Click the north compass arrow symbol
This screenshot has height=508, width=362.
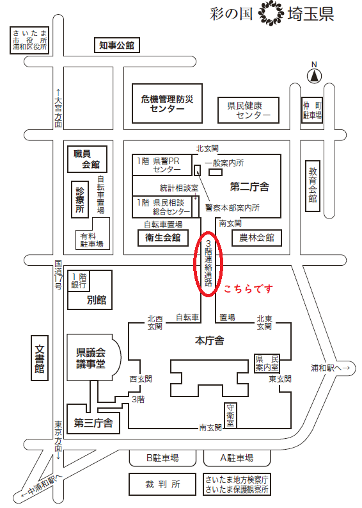(x=314, y=76)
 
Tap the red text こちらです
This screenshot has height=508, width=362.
(x=248, y=289)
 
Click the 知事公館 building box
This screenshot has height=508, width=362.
(x=116, y=45)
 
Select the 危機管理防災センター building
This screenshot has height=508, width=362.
(x=167, y=103)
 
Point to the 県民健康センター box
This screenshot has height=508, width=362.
(x=248, y=110)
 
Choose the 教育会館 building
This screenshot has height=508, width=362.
(x=313, y=186)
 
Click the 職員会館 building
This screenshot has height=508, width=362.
(x=87, y=159)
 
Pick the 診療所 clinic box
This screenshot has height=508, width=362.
(x=79, y=199)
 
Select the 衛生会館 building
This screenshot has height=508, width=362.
(x=163, y=238)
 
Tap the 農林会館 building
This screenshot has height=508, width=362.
(x=256, y=238)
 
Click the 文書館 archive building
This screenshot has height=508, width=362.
(x=40, y=358)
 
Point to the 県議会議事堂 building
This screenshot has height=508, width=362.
(x=94, y=358)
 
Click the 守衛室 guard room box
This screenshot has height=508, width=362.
(x=230, y=415)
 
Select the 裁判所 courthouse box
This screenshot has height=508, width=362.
(x=162, y=484)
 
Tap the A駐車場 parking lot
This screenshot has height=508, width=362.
(x=237, y=458)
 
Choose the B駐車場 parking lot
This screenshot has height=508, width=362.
(x=162, y=458)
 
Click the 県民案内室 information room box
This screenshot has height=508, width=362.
(x=267, y=363)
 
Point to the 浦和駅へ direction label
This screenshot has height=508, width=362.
(x=331, y=368)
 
